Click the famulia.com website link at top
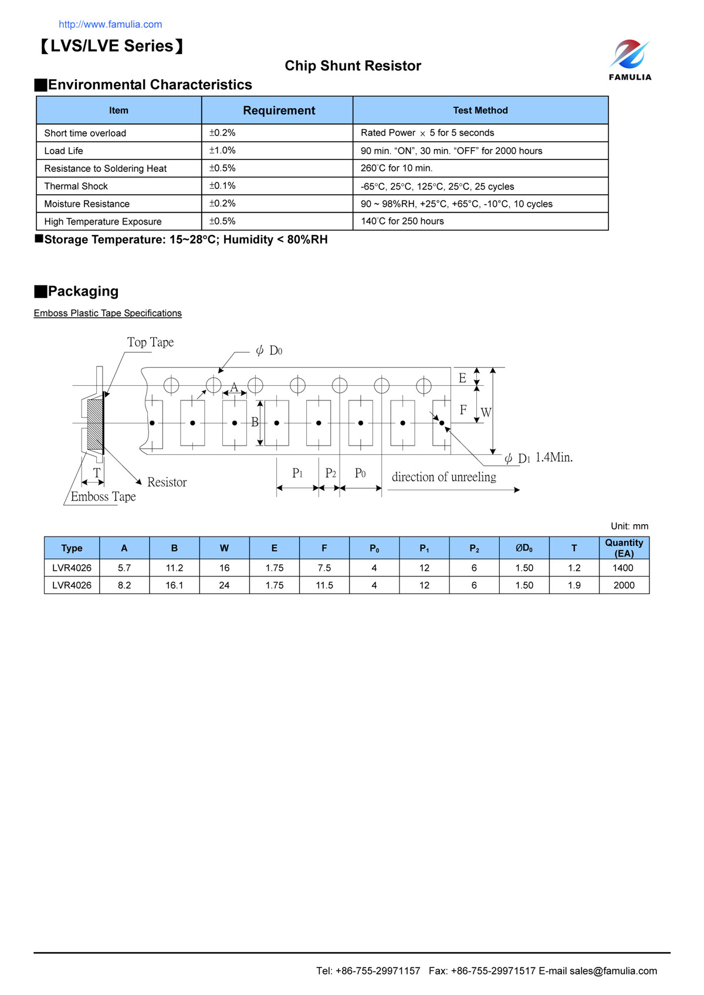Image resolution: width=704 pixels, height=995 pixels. (110, 25)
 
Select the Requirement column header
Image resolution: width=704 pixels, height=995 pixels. (279, 111)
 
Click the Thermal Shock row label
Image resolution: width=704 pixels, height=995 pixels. (76, 186)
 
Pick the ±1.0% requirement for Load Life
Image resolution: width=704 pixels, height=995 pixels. (222, 151)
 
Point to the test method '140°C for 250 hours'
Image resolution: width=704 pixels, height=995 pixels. (402, 222)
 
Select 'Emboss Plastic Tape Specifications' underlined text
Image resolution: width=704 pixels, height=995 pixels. (108, 313)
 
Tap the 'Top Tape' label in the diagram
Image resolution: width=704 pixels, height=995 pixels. (150, 342)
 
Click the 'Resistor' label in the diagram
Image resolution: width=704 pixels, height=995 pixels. (167, 483)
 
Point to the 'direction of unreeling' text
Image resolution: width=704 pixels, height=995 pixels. (444, 477)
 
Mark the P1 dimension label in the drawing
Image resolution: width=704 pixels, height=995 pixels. (297, 473)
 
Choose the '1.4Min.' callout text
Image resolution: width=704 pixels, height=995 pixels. (554, 457)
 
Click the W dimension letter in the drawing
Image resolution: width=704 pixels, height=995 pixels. (486, 413)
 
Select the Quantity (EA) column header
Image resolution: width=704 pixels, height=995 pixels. (624, 548)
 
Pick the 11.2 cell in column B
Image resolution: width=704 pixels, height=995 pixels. (174, 568)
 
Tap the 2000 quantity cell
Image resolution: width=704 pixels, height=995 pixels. (624, 586)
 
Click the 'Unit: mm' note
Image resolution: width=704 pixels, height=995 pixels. (629, 527)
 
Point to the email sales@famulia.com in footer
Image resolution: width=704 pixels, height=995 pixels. (613, 971)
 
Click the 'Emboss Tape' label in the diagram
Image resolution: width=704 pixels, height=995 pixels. (103, 497)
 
